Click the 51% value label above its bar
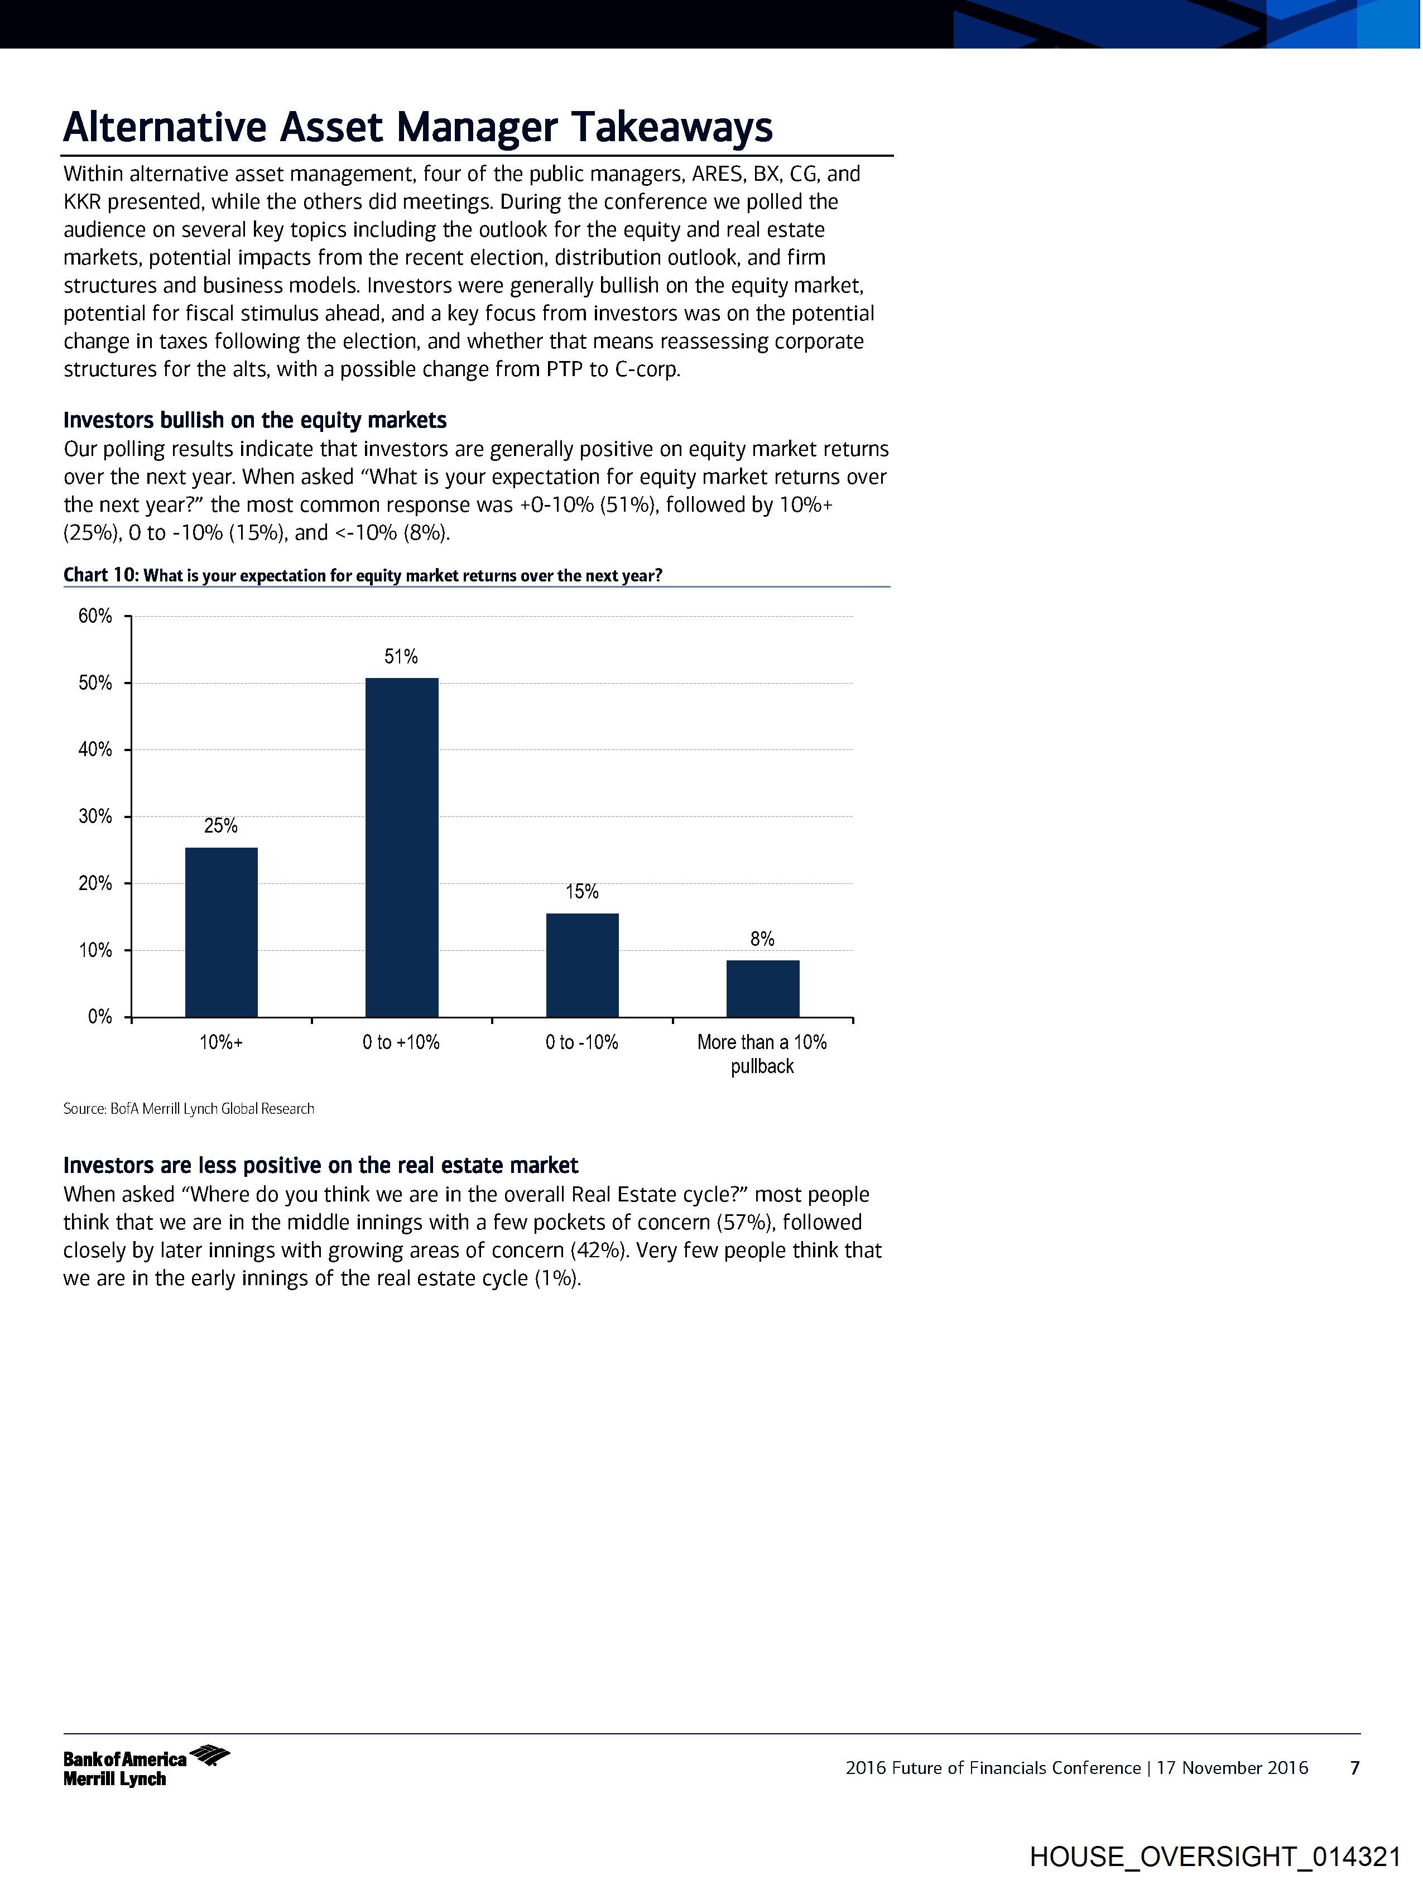click(x=401, y=656)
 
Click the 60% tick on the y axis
click(x=95, y=616)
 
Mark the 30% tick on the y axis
click(x=95, y=817)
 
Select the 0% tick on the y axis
click(x=99, y=1017)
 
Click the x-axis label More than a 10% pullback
click(x=762, y=1054)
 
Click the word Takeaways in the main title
click(x=671, y=127)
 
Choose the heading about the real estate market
click(x=320, y=1165)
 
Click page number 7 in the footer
click(x=1355, y=1768)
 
